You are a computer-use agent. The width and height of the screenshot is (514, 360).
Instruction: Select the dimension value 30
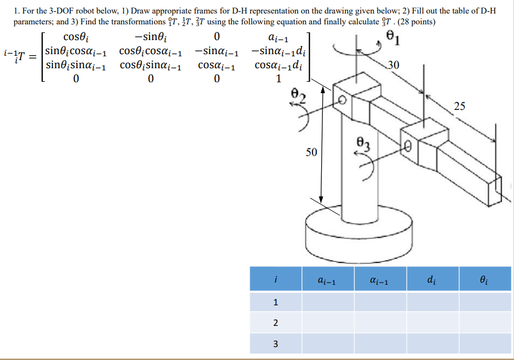(x=394, y=66)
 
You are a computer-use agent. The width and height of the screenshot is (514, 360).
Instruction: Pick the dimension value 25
(x=459, y=106)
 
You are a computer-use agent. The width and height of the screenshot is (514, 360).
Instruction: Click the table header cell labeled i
(x=276, y=280)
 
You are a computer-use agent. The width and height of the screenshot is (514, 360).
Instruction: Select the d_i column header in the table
(x=432, y=280)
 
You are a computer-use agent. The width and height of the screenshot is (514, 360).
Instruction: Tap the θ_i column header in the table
(x=485, y=280)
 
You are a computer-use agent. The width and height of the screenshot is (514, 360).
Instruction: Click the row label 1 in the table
(x=276, y=302)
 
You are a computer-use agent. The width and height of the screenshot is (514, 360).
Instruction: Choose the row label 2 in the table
(x=276, y=323)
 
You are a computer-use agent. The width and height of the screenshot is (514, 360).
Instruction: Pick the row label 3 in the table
(x=276, y=343)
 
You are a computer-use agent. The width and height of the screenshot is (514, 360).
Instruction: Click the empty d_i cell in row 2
(x=432, y=323)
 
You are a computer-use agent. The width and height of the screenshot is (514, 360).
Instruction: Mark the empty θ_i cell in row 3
(x=485, y=343)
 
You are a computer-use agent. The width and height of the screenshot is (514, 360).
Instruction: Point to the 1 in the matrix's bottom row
(x=278, y=80)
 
